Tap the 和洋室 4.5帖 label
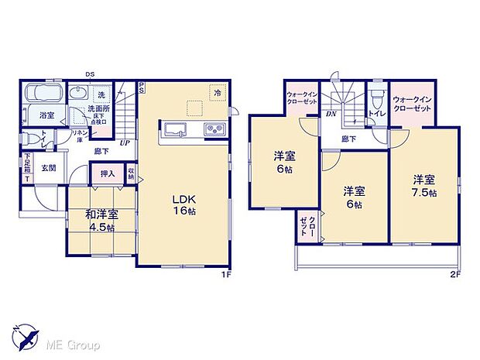(102, 221)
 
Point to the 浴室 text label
(47, 115)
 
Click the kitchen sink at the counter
(173, 129)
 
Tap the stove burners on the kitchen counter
(214, 129)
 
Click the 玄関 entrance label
(48, 167)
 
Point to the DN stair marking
(331, 113)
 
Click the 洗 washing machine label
(101, 94)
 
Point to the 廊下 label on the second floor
(349, 139)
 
